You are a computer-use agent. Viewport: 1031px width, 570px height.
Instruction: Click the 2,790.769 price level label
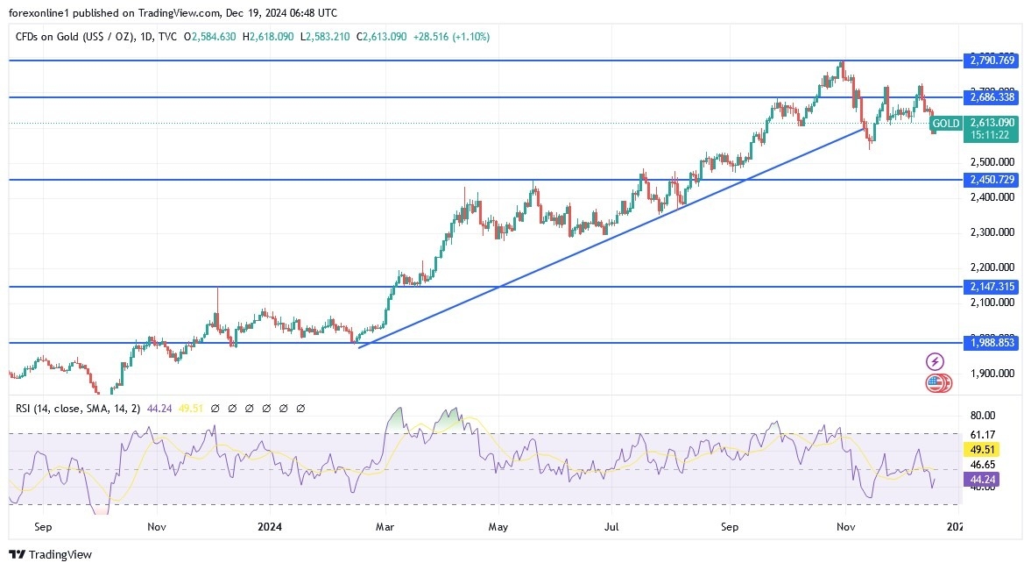coord(992,61)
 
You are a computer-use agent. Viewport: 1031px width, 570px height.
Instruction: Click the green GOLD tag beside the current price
coord(946,124)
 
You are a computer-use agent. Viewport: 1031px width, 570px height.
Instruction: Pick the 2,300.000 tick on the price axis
coord(992,232)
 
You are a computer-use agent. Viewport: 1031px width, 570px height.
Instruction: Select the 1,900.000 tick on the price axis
coord(992,373)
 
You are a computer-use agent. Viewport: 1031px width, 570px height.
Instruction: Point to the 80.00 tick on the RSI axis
coord(983,416)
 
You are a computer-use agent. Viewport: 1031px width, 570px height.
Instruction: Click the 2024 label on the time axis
coord(270,527)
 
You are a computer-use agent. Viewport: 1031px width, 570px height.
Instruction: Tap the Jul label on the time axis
coord(611,527)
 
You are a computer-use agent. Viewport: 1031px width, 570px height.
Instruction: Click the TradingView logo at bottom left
coord(50,554)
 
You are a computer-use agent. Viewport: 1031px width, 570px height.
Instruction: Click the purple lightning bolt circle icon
coord(935,361)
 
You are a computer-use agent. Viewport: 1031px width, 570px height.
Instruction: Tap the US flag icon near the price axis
coord(936,382)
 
